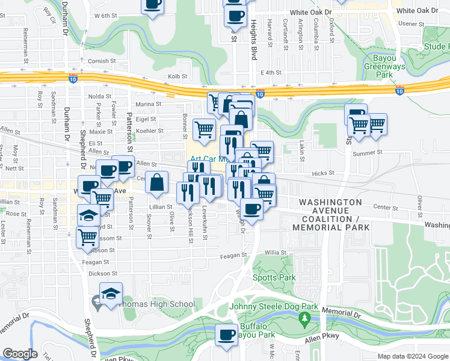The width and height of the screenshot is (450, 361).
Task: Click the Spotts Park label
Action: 274,277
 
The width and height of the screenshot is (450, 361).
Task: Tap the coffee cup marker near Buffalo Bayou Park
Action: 227,335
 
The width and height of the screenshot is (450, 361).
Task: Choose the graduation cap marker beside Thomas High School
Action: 111,294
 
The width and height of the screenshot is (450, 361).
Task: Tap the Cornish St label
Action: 100,61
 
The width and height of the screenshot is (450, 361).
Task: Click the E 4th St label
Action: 271,72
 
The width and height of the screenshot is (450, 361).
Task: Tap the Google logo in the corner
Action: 20,354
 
